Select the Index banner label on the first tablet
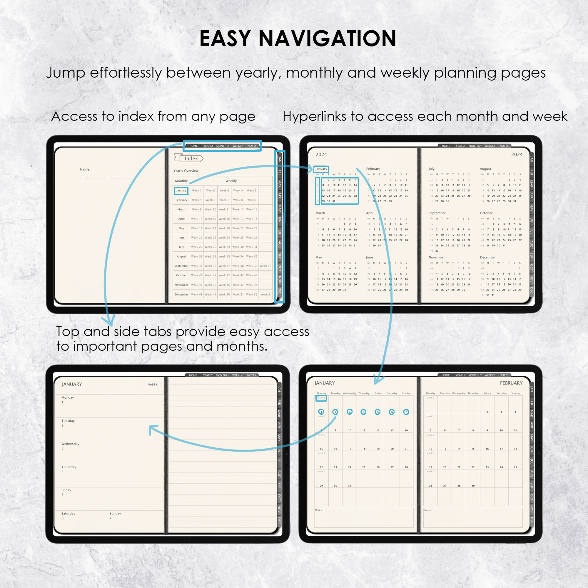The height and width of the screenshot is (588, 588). pos(191,158)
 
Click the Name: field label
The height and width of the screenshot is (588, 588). pos(85,169)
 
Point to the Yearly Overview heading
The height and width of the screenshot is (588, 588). pos(186,171)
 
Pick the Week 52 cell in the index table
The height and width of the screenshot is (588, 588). pos(252,294)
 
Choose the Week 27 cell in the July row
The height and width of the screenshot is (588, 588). pos(197,247)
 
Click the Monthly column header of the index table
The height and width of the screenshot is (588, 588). pos(181,181)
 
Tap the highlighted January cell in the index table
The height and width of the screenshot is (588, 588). pos(181,191)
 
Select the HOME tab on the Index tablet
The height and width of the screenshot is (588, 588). pos(193,146)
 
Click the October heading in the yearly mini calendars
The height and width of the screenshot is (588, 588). pos(486,213)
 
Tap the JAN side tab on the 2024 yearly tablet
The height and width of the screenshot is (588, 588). pos(532,159)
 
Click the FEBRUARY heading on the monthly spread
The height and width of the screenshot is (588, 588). pos(511,383)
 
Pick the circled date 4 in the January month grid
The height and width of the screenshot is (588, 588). pos(363,412)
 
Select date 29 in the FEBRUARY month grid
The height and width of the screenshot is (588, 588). pos(473,485)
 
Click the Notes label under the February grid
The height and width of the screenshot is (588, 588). pos(427,510)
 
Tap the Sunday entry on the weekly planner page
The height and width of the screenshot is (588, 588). pos(115,513)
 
